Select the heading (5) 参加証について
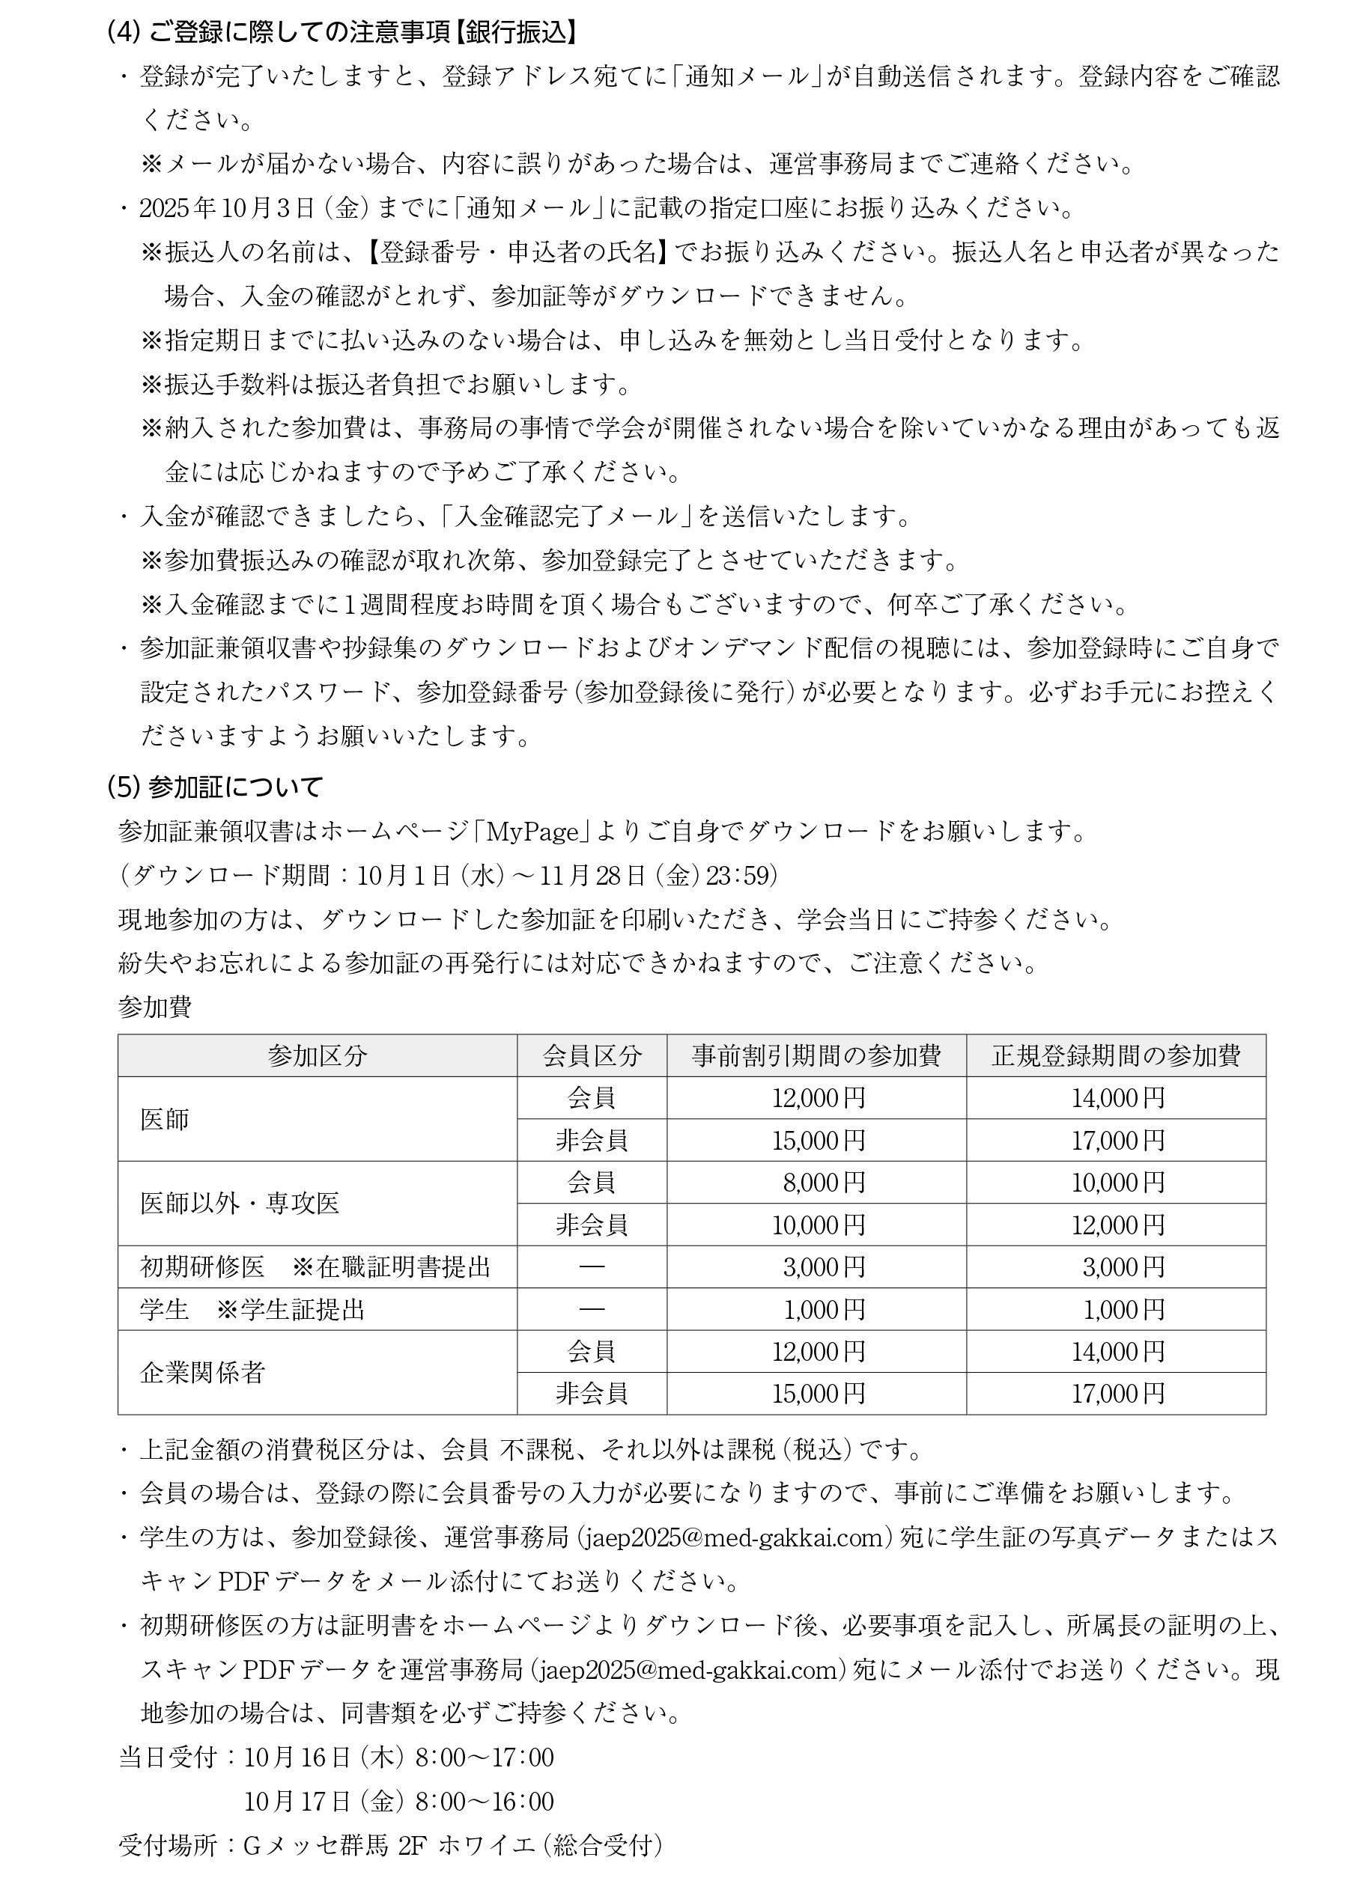213,786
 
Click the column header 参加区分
317,1055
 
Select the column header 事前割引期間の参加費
816,1055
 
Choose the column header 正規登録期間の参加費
1115,1055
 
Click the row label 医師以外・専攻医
240,1202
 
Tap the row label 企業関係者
202,1372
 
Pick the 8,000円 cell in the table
824,1182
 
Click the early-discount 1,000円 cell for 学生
824,1309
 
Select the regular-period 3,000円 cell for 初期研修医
1123,1267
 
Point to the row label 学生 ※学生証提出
252,1309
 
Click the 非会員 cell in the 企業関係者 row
591,1394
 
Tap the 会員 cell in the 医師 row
591,1097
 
